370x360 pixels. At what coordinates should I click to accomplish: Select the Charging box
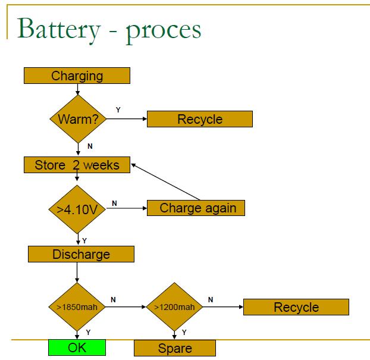click(77, 76)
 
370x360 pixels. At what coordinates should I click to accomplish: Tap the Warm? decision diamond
click(78, 119)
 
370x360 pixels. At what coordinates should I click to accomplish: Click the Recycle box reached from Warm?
click(199, 119)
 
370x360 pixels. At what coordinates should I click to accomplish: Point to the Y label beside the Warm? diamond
click(117, 109)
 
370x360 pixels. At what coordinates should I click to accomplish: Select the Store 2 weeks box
click(77, 165)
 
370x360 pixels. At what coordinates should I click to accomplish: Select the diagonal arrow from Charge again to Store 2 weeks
click(167, 181)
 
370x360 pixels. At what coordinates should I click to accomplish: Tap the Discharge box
click(81, 254)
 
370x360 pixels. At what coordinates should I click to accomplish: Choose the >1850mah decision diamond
click(77, 307)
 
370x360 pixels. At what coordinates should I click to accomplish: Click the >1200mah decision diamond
click(174, 307)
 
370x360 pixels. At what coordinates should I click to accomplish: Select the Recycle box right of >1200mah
click(296, 307)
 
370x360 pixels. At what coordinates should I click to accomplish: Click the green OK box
click(77, 347)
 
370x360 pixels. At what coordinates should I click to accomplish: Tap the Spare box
click(174, 348)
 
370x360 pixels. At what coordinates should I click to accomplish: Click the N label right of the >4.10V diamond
click(114, 203)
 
